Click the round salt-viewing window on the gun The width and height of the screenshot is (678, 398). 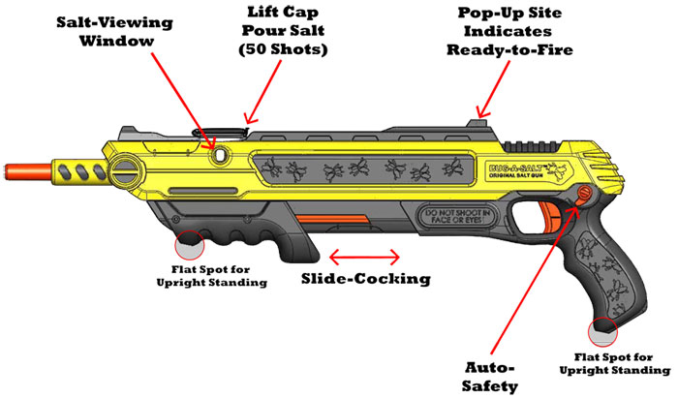pyautogui.click(x=223, y=154)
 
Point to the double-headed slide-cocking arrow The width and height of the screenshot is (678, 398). pyautogui.click(x=364, y=257)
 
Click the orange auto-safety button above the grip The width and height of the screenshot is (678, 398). pyautogui.click(x=585, y=195)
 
